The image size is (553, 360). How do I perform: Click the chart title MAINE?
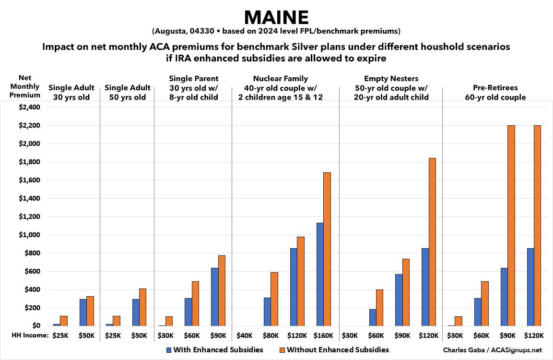(x=276, y=17)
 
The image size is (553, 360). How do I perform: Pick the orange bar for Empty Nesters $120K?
(x=432, y=242)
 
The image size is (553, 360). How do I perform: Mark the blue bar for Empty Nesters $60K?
(x=372, y=317)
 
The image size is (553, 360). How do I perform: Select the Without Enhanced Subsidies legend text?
(x=338, y=350)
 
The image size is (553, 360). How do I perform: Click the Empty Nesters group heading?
(x=391, y=87)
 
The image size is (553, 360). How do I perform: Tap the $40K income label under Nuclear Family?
(x=245, y=336)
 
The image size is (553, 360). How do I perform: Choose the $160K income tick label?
(x=323, y=336)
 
